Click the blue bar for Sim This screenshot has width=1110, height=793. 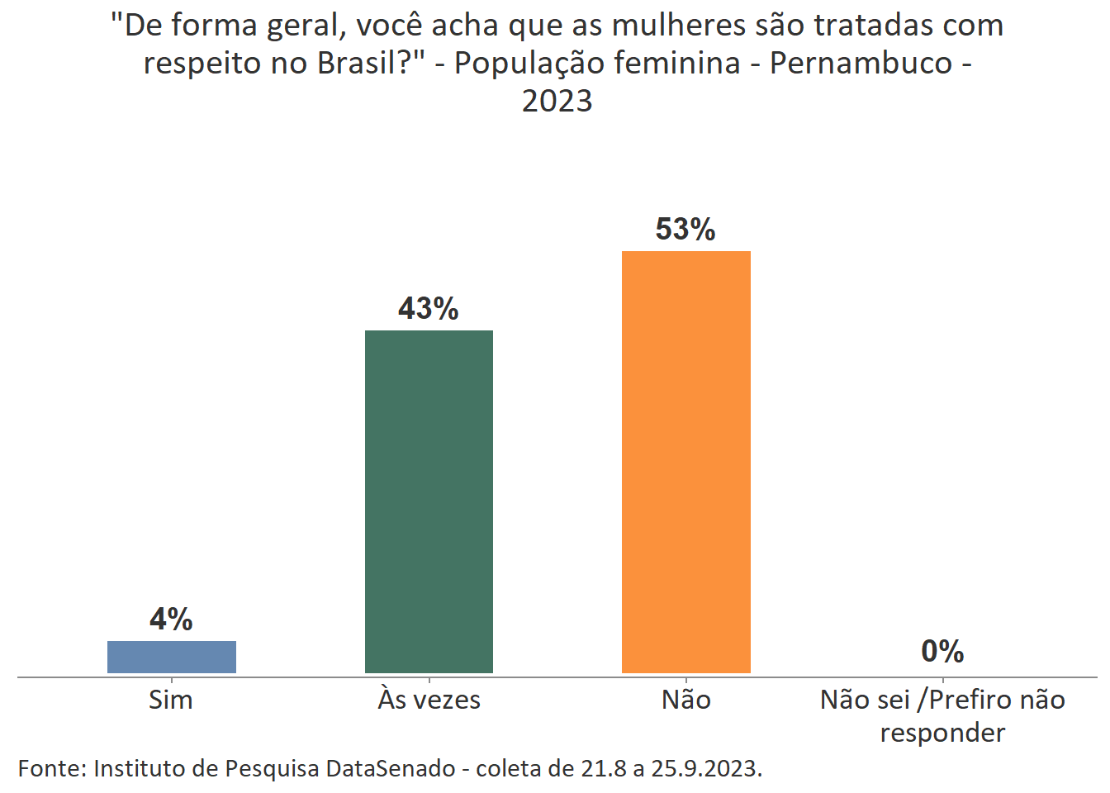(172, 657)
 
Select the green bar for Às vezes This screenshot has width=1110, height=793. (429, 501)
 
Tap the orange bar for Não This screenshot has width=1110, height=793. (685, 462)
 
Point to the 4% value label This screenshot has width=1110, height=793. (171, 619)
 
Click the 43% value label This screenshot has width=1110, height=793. (428, 308)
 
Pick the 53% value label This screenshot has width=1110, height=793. (685, 229)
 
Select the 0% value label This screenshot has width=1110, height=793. (942, 652)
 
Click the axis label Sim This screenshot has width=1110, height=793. (171, 700)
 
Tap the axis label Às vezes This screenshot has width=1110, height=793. (429, 700)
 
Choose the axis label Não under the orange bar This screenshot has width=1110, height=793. (685, 700)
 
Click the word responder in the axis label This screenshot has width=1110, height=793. (942, 733)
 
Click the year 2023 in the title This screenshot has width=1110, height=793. (557, 101)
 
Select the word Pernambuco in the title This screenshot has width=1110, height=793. (861, 63)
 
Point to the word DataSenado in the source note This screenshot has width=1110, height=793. (391, 768)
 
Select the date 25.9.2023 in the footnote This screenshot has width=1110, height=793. (705, 768)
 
